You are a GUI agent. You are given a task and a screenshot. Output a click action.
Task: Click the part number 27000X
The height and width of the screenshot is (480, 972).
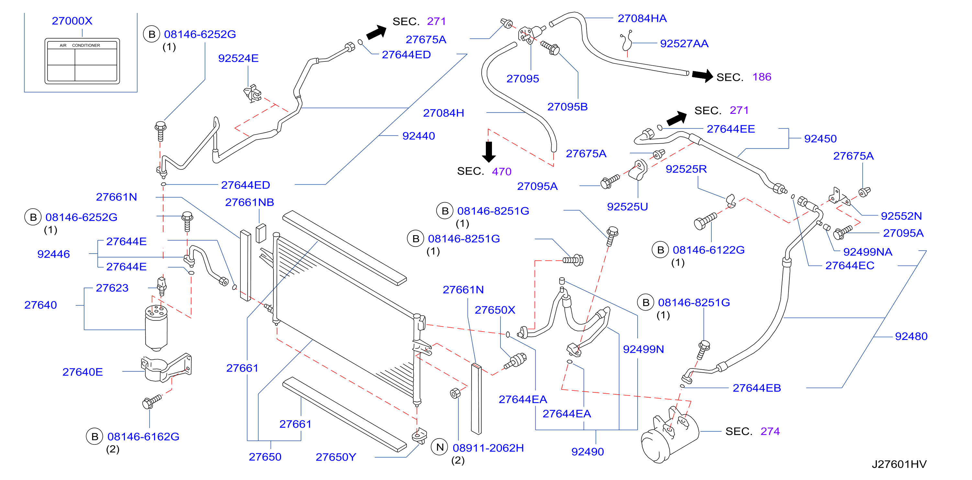click(x=72, y=21)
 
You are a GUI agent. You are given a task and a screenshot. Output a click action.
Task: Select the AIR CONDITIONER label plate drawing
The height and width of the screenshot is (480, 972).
click(x=82, y=61)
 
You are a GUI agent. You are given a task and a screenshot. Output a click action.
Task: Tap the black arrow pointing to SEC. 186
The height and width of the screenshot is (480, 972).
click(x=702, y=75)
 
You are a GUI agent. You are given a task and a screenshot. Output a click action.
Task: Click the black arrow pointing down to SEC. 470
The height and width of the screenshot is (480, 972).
click(x=489, y=152)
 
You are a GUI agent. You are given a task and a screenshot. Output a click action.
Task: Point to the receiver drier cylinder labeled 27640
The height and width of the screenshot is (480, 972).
click(x=156, y=327)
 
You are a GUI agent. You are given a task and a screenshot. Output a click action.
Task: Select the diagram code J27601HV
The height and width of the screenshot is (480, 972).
click(x=899, y=464)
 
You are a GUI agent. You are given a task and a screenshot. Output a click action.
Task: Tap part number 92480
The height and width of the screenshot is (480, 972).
click(x=911, y=336)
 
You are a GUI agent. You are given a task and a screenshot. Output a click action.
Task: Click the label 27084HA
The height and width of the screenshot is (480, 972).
click(x=642, y=18)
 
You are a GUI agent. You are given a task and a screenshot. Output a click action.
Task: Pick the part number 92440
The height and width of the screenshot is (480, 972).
click(x=419, y=136)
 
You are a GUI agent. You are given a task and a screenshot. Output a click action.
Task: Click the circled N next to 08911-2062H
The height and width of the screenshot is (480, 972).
click(x=440, y=447)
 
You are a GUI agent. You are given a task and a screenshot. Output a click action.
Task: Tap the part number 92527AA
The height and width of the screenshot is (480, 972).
click(x=684, y=44)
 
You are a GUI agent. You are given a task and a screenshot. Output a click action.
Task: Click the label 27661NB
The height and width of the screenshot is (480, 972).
click(x=250, y=202)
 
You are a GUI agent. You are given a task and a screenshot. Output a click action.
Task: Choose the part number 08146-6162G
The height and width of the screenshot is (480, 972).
click(x=143, y=437)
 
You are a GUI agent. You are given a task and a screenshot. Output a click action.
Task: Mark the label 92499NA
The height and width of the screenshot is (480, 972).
click(x=867, y=252)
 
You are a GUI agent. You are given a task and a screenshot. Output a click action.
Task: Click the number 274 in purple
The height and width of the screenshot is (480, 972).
click(x=770, y=431)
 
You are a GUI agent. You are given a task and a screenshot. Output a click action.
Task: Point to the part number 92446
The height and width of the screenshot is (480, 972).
click(x=54, y=254)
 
